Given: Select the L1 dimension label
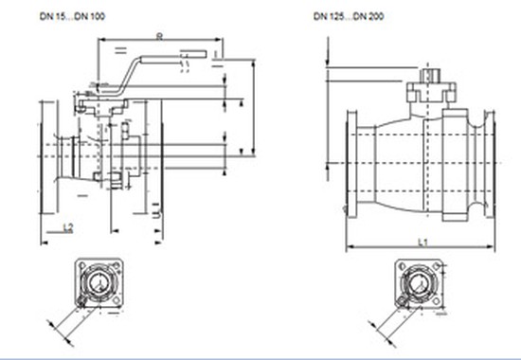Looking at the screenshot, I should (x=422, y=243).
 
